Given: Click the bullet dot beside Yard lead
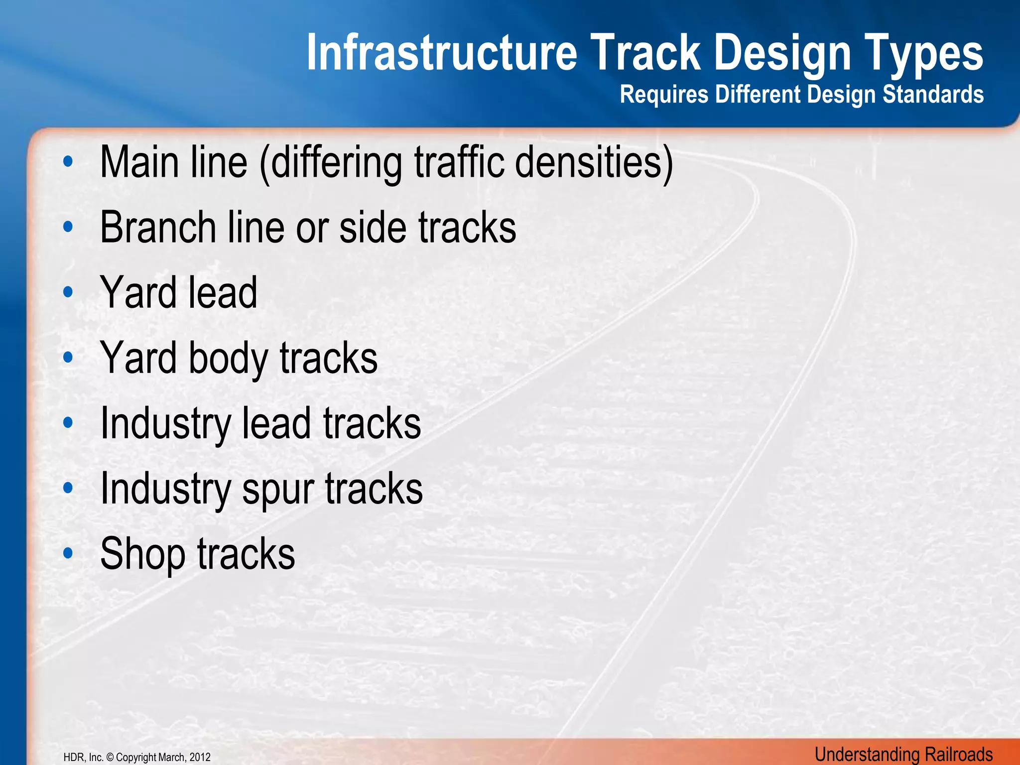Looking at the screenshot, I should [x=68, y=292].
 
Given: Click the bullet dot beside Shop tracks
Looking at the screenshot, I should [x=68, y=553].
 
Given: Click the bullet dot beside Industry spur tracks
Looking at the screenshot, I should [x=68, y=488].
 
